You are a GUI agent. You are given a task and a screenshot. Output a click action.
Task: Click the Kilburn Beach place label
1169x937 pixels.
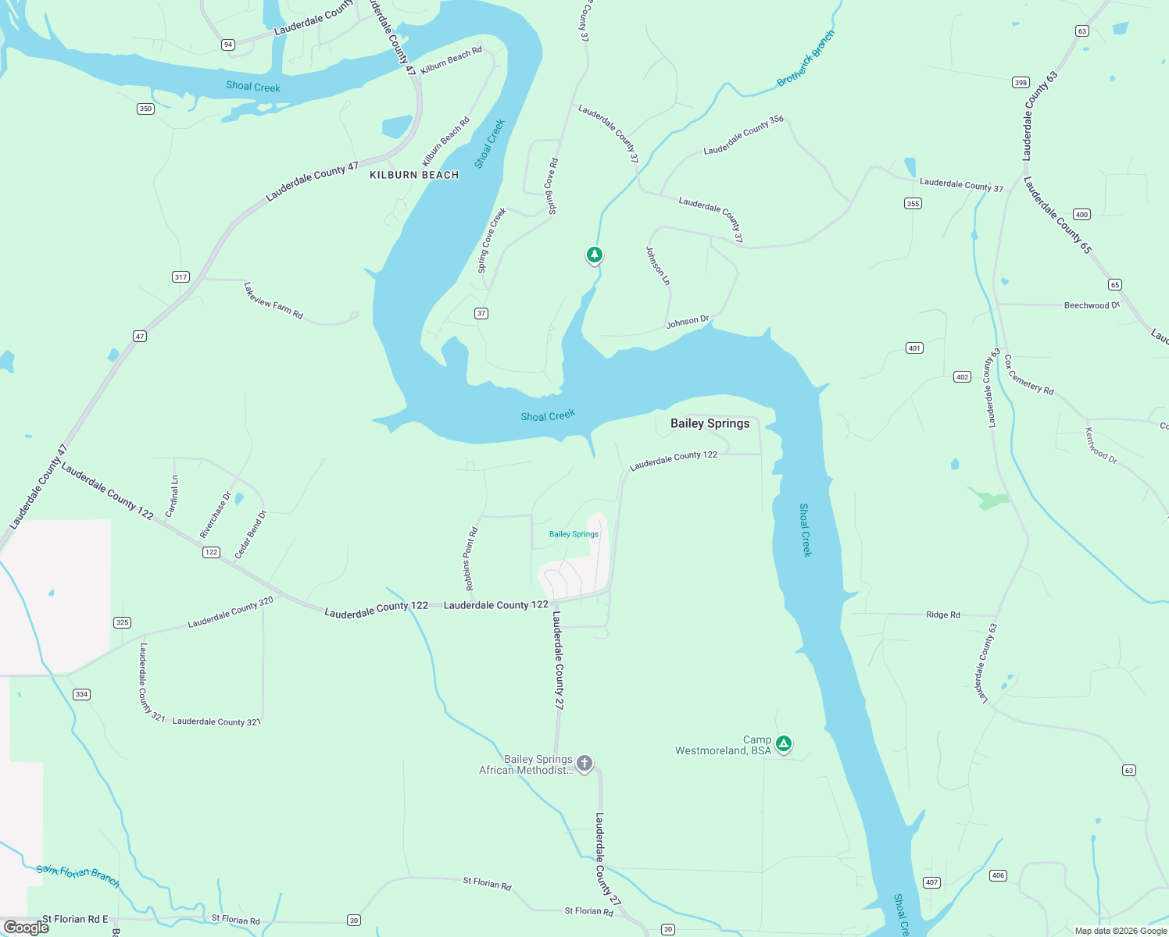(414, 175)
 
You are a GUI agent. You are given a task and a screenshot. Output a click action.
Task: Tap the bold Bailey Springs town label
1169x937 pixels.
(710, 423)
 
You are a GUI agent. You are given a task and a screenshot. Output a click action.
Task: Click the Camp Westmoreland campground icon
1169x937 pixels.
(784, 743)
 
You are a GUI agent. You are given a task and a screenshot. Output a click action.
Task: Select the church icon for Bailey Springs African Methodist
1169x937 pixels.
(584, 763)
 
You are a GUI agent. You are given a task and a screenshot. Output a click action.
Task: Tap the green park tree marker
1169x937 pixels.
(595, 255)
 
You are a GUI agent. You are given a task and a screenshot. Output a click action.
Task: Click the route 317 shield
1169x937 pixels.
(181, 277)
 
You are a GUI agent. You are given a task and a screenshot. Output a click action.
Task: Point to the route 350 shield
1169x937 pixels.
(145, 109)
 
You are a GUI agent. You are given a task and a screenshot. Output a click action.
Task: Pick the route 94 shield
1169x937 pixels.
(228, 45)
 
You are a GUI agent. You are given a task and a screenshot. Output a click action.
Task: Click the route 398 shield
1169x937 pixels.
(1021, 83)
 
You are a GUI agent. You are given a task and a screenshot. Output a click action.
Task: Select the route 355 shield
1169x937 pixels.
(913, 204)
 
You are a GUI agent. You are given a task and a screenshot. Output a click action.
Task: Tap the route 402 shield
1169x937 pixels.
(962, 377)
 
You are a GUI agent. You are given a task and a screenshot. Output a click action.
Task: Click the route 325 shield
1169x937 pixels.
(122, 622)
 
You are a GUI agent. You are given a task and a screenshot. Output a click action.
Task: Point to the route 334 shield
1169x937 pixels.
(81, 694)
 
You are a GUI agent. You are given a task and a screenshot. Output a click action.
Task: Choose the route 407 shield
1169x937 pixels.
(931, 882)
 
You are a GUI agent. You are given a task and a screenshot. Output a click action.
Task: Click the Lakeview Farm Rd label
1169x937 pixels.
(273, 301)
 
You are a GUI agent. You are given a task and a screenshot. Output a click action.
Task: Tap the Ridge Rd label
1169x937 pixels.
(942, 615)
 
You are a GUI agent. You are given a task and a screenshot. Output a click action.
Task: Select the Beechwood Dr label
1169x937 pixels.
(1092, 305)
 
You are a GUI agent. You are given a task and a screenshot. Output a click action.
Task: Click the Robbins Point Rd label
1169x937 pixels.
(470, 559)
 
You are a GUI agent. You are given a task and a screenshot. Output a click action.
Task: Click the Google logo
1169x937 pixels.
(27, 928)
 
